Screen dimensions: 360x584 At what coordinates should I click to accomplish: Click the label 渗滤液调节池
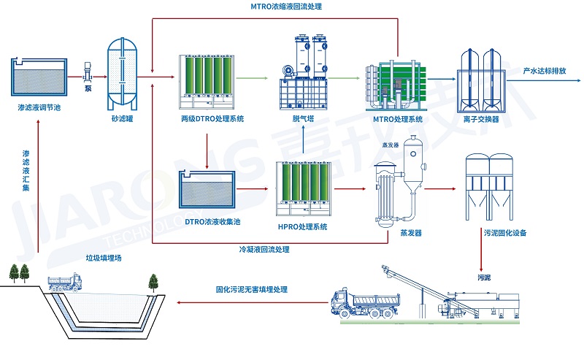pyautogui.click(x=39, y=107)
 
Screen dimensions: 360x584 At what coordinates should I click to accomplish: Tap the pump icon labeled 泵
pyautogui.click(x=88, y=72)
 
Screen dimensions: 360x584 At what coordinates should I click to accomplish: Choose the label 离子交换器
pyautogui.click(x=482, y=118)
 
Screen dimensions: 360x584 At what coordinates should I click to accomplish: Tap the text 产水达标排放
pyautogui.click(x=544, y=71)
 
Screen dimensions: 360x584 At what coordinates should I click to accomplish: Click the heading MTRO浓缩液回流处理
pyautogui.click(x=281, y=7)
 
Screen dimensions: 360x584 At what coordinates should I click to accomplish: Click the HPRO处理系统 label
pyautogui.click(x=302, y=226)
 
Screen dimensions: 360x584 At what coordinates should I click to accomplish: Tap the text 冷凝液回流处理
pyautogui.click(x=264, y=250)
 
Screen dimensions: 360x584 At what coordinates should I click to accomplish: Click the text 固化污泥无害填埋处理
pyautogui.click(x=251, y=289)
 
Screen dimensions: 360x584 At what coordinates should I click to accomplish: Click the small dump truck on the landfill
pyautogui.click(x=65, y=283)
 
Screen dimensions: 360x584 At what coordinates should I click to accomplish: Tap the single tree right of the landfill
pyautogui.click(x=153, y=281)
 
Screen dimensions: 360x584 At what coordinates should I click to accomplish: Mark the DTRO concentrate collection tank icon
pyautogui.click(x=208, y=189)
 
